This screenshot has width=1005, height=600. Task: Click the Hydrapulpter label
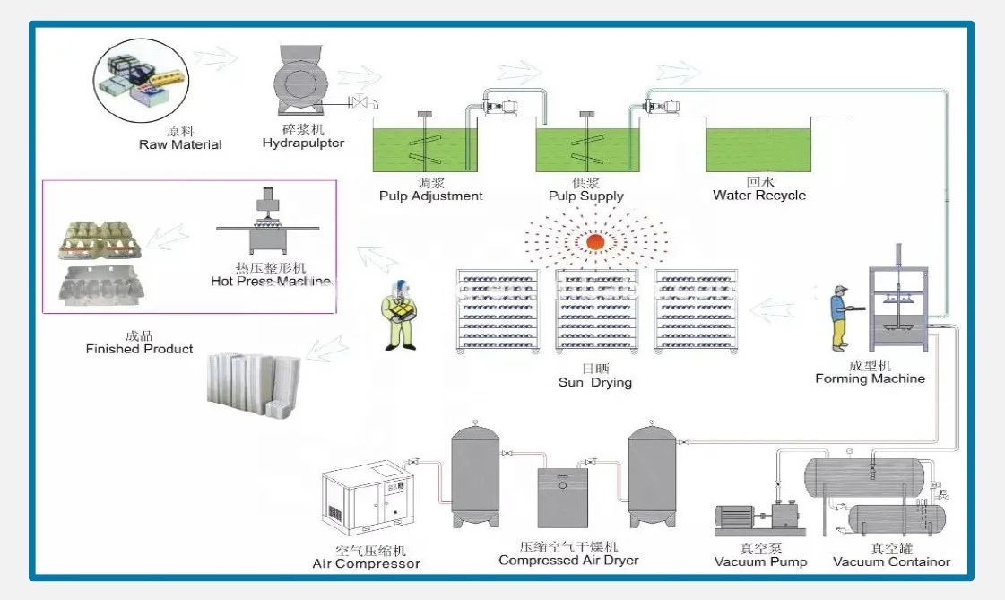303,143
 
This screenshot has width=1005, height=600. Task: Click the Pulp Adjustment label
430,196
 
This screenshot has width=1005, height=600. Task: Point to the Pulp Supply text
586,196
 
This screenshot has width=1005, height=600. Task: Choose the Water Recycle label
759,195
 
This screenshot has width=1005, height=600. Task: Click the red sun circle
595,242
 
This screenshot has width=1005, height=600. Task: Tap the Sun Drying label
595,383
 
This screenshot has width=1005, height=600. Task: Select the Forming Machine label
870,378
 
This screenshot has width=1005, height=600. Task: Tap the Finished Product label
139,349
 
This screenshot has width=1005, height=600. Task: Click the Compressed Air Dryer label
568,561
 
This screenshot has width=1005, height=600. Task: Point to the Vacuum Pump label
760,562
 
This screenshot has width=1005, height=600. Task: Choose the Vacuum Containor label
891,562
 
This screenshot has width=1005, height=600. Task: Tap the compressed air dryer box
562,498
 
